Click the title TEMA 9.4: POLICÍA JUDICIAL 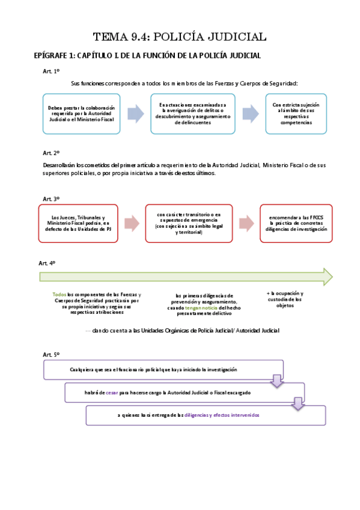pos(180,37)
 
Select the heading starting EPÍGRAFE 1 pos(147,56)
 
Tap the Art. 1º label pos(51,72)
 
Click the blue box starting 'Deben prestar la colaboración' pos(81,114)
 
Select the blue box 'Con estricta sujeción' pos(296,114)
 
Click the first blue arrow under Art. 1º pos(136,114)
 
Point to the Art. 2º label pos(51,153)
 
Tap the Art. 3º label pos(51,198)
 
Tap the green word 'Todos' pos(59,295)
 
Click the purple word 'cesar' pos(112,392)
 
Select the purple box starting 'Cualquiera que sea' pos(162,370)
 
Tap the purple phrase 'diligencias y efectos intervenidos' pos(222,415)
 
